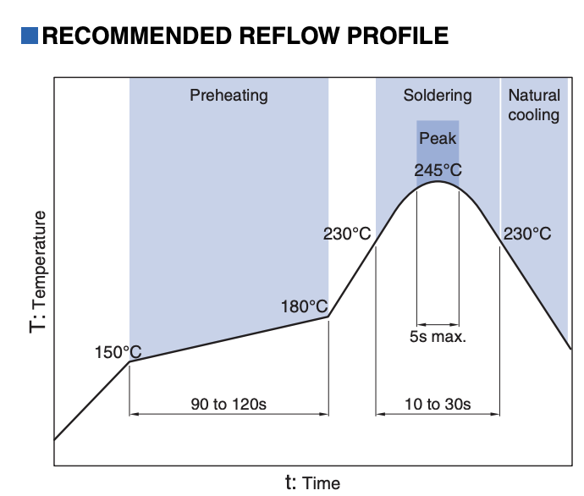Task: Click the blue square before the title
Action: click(30, 36)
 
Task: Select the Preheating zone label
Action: click(229, 95)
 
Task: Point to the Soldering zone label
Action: click(438, 95)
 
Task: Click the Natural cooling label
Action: click(534, 104)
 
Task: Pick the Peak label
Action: click(438, 138)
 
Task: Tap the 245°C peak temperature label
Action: click(438, 169)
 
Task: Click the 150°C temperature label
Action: click(118, 350)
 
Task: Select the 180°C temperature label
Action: click(304, 306)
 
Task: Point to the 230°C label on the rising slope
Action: click(347, 234)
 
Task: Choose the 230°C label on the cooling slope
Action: click(527, 234)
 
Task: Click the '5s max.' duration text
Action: click(438, 336)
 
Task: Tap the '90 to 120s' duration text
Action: click(229, 404)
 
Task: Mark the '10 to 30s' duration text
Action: click(438, 404)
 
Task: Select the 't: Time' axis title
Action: click(312, 482)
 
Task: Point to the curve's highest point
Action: click(438, 182)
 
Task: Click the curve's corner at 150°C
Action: click(129, 362)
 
